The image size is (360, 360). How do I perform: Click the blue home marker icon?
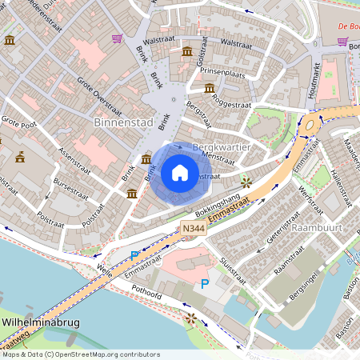(x=179, y=173)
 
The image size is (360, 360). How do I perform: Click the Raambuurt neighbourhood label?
(x=318, y=227)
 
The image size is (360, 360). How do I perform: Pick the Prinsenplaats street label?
(x=222, y=71)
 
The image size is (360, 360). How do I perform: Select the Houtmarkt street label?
(x=314, y=80)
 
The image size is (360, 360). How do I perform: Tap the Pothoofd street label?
(x=149, y=294)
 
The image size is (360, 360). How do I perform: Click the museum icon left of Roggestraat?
(x=210, y=89)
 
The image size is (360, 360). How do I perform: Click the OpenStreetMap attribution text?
(x=81, y=354)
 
